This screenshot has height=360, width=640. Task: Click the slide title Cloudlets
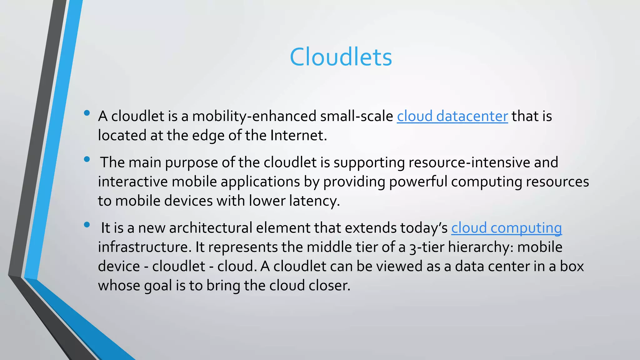[341, 57]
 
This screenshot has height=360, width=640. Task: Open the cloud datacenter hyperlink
[452, 116]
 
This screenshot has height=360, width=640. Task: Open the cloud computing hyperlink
[506, 228]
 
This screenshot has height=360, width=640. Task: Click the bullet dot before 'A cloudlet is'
[87, 113]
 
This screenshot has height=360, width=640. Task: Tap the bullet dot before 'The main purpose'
[87, 159]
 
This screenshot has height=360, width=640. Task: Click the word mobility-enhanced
[254, 116]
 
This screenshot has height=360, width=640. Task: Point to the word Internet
[298, 136]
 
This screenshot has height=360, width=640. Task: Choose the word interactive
[133, 182]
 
